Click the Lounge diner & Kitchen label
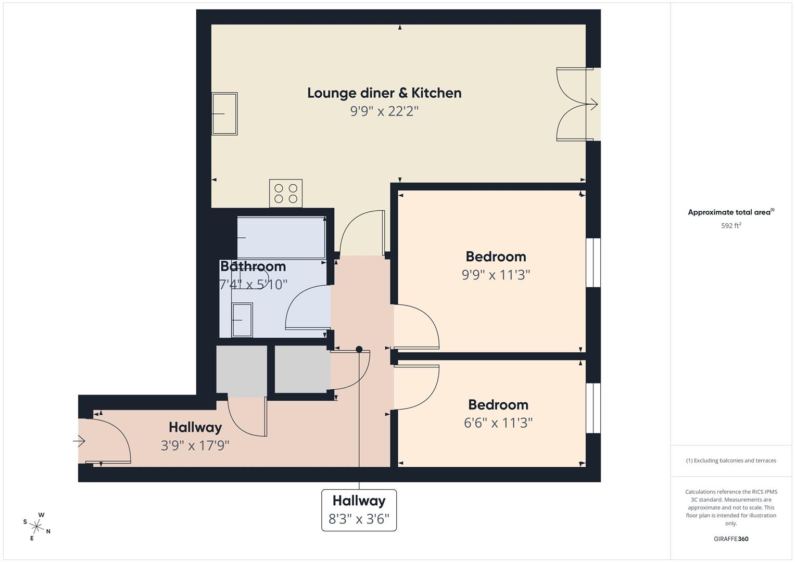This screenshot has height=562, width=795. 384,93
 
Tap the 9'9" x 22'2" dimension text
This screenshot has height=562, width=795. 384,111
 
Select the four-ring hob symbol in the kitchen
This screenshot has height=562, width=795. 286,194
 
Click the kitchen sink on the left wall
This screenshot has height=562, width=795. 225,113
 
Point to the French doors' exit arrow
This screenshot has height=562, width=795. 593,105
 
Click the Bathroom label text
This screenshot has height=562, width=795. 253,266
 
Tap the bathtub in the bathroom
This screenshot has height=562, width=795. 281,238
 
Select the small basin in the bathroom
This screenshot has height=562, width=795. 242,320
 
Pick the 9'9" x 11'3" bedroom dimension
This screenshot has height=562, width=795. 496,275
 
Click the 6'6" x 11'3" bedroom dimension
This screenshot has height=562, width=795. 498,423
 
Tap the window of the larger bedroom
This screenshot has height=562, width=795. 593,263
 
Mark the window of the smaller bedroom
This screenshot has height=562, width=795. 593,408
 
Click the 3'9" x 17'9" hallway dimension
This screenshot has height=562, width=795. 195,446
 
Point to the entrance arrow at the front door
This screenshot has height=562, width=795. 79,441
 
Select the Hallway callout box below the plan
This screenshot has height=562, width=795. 359,510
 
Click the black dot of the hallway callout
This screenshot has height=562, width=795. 359,349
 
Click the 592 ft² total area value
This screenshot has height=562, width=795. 731,226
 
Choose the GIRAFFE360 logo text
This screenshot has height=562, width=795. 731,539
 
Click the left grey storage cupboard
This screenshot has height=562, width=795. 242,369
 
